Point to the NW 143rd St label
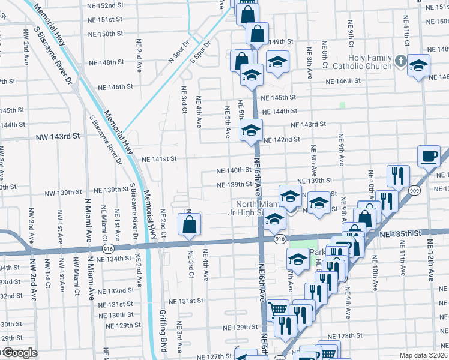tap(56, 136)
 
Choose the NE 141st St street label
tap(159, 159)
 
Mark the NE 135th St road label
tap(408, 232)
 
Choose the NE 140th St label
tap(234, 170)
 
